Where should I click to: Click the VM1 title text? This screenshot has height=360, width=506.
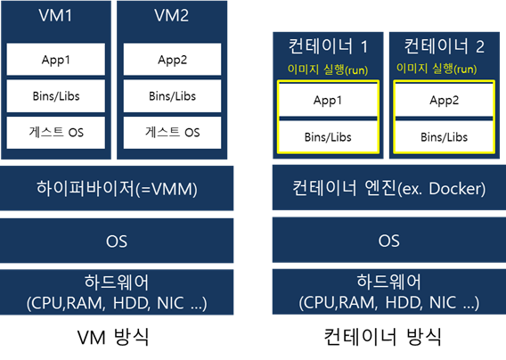pos(55,15)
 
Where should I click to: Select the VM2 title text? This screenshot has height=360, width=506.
pos(172,15)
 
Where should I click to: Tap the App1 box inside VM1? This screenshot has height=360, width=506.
pos(56,60)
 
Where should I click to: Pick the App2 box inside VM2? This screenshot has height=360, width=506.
pos(172,60)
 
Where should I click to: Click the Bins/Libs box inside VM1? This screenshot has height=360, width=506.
pos(56,96)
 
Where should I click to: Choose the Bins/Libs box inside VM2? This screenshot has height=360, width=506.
pos(172,96)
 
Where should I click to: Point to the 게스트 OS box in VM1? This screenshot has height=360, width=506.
pos(56,133)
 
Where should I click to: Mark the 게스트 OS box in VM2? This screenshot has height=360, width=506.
pos(172,133)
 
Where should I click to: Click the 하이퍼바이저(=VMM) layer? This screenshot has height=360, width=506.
pos(117,188)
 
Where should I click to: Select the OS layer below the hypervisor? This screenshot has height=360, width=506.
pos(117,241)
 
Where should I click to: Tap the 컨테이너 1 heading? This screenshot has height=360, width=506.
pos(328,46)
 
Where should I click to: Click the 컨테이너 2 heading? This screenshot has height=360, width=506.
pos(444,46)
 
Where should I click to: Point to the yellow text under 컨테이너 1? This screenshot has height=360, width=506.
pos(328,70)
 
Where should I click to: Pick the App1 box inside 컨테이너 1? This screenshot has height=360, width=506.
pos(328,100)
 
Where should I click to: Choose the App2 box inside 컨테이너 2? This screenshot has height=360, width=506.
pos(444,100)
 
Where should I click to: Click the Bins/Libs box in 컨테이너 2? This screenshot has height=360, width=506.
pos(444,137)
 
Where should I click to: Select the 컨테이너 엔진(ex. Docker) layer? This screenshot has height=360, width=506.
pos(389,188)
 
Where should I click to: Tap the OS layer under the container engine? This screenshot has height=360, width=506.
pos(389,241)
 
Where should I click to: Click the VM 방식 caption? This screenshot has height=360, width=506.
pos(113,337)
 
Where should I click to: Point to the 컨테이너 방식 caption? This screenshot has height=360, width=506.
pos(383,337)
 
